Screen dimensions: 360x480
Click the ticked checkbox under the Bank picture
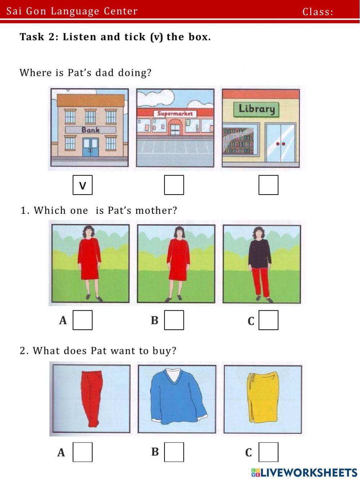coord(82,185)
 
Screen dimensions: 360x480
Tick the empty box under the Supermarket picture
coord(174,185)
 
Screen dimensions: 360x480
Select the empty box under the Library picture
coord(269,185)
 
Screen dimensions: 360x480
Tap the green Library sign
coord(256,109)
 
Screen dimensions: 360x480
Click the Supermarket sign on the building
coord(175,114)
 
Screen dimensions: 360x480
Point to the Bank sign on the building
coord(90,130)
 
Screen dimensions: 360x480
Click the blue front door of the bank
coord(90,147)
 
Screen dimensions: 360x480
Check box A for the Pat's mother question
coord(82,320)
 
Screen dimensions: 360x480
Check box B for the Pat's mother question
coord(174,320)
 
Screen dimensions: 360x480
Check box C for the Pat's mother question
coord(269,320)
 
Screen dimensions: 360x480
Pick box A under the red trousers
coord(82,452)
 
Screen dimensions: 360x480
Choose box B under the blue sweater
coord(174,452)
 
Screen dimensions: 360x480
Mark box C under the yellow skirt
coord(269,452)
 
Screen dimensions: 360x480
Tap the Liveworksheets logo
coord(304,472)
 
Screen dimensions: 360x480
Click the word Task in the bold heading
coord(32,37)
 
